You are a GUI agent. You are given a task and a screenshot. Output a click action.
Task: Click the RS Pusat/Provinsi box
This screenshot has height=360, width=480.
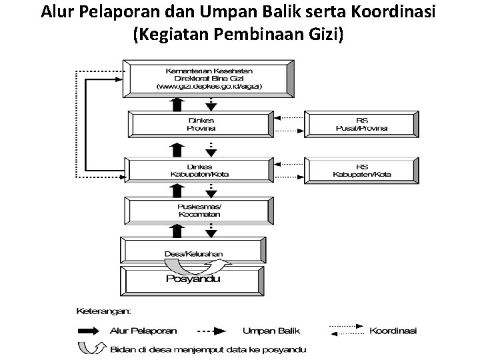coord(362,124)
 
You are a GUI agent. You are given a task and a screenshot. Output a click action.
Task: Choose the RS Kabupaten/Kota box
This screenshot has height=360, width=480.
coord(362,170)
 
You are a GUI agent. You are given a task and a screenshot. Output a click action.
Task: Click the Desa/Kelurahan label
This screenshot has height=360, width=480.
coord(194,254)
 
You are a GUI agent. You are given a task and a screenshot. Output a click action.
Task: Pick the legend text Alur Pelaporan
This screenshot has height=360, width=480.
coord(139,330)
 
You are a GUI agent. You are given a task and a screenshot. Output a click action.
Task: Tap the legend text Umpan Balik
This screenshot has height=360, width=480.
coord(268,330)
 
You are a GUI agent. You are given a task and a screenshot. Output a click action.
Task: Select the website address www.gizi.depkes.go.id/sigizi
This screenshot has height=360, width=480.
coord(209,86)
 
